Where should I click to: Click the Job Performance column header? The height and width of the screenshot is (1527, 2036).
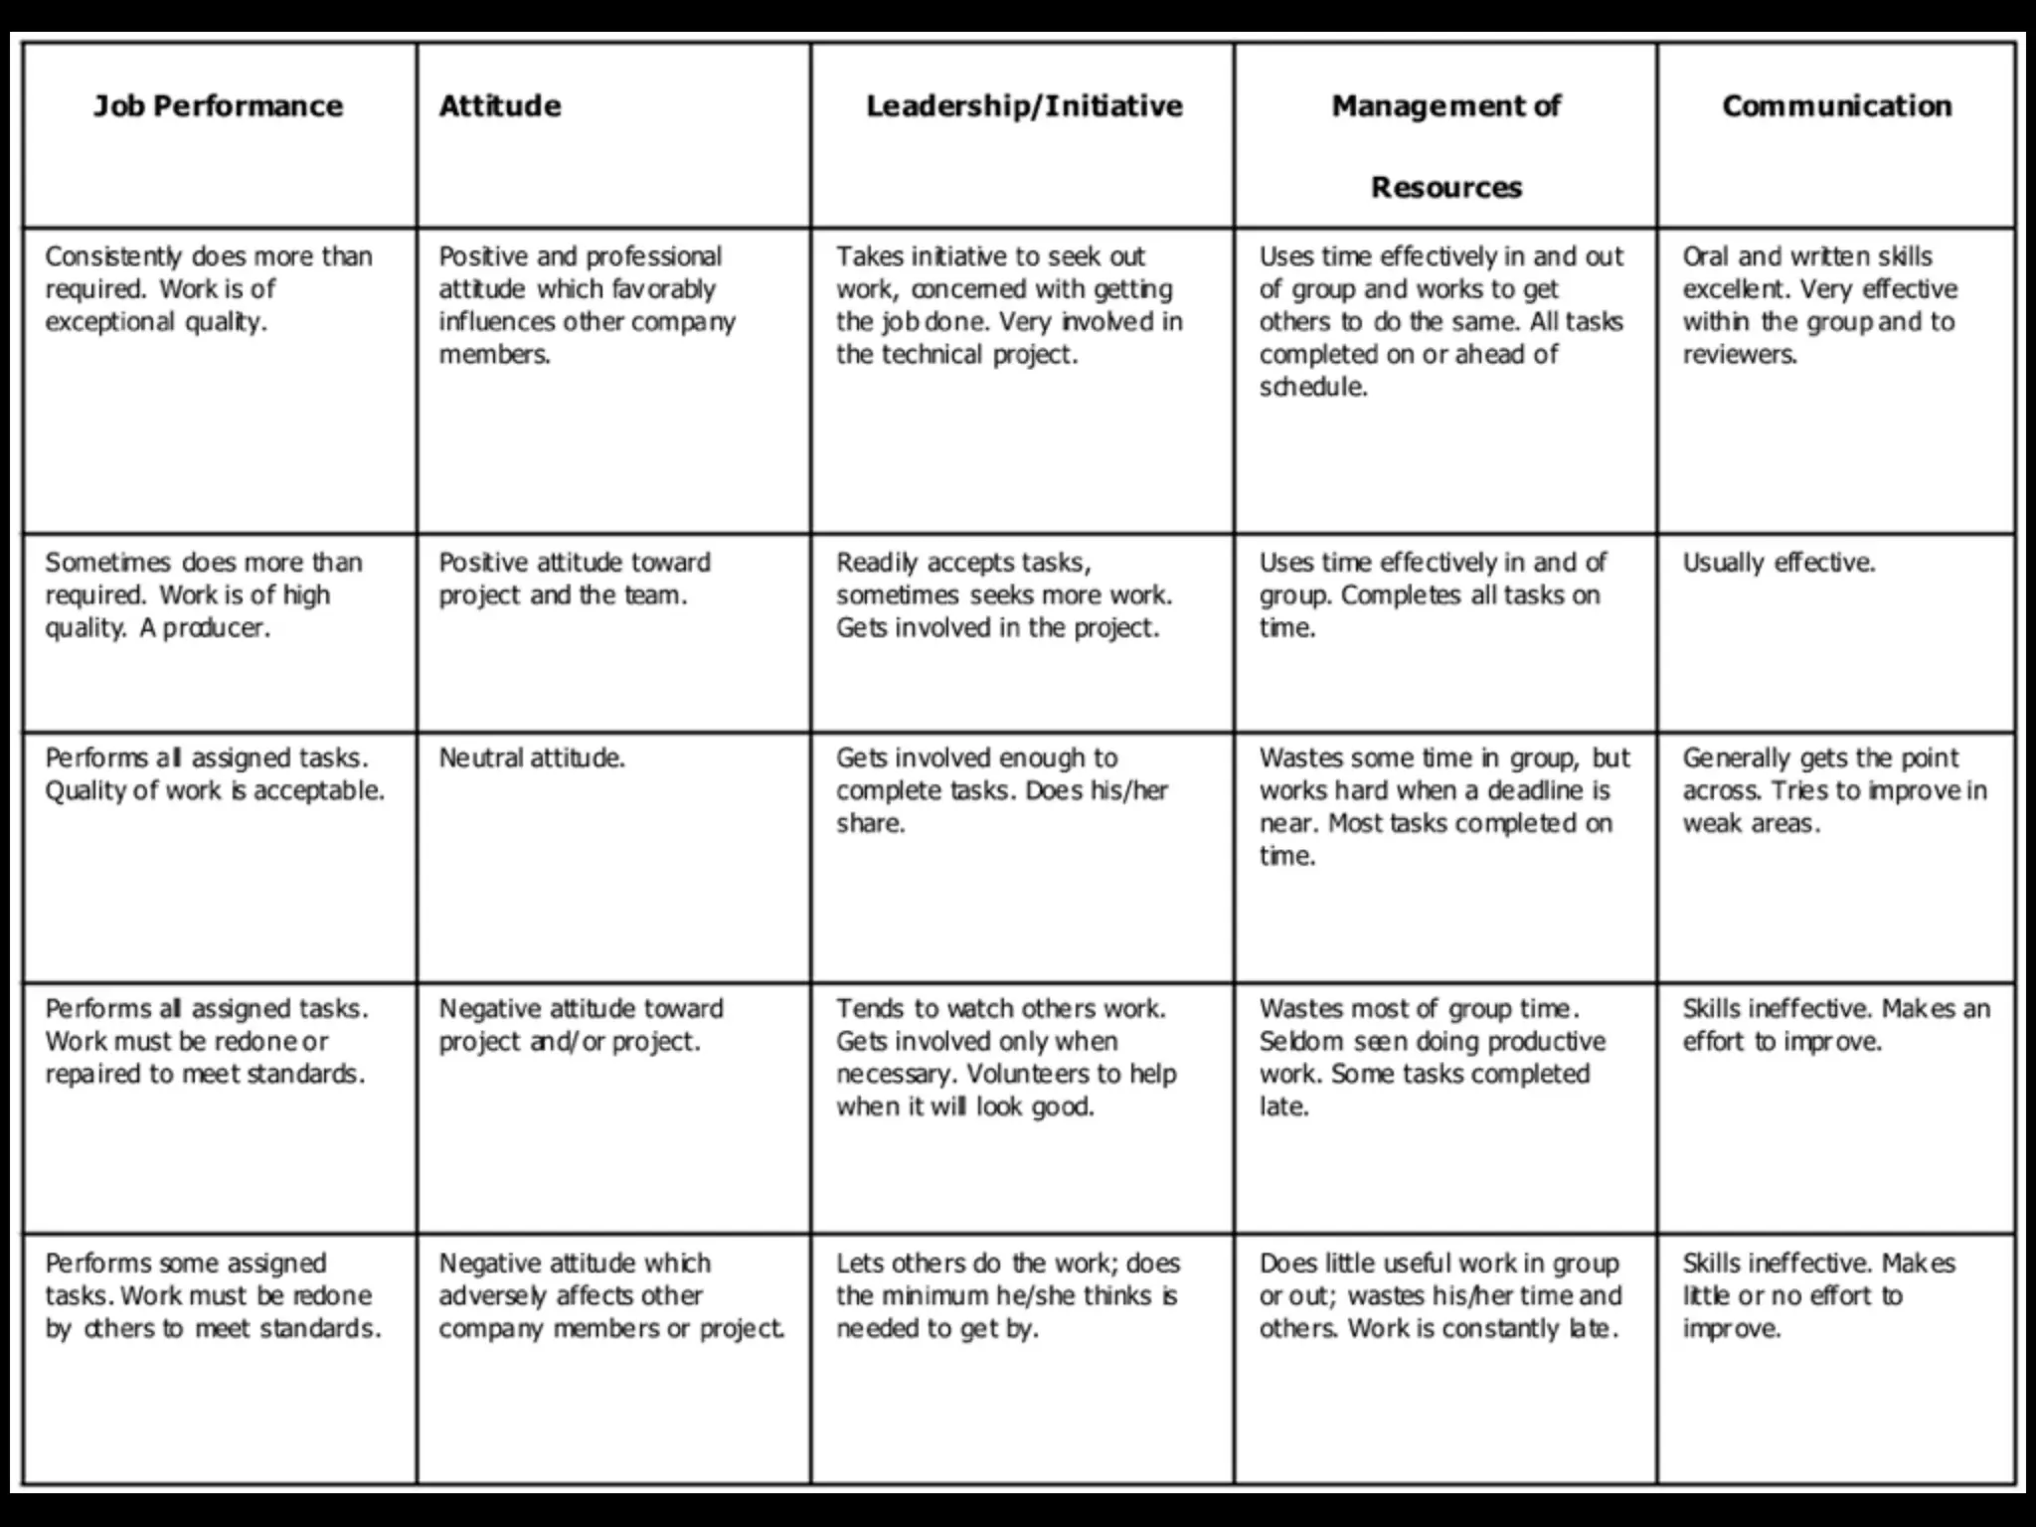tap(218, 106)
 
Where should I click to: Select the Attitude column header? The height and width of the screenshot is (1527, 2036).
tap(500, 106)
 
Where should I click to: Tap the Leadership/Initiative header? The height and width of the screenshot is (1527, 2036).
tap(1024, 106)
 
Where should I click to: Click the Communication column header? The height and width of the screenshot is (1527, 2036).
tap(1836, 106)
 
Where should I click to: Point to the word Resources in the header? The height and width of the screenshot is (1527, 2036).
tap(1445, 188)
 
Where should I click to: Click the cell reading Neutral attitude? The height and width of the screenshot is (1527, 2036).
tap(532, 759)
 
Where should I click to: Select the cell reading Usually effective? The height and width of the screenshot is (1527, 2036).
tap(1779, 563)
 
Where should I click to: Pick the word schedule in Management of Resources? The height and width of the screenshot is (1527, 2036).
tap(1312, 388)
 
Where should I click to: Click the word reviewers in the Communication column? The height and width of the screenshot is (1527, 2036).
tap(1739, 356)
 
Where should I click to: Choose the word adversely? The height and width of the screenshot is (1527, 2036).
tap(493, 1296)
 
